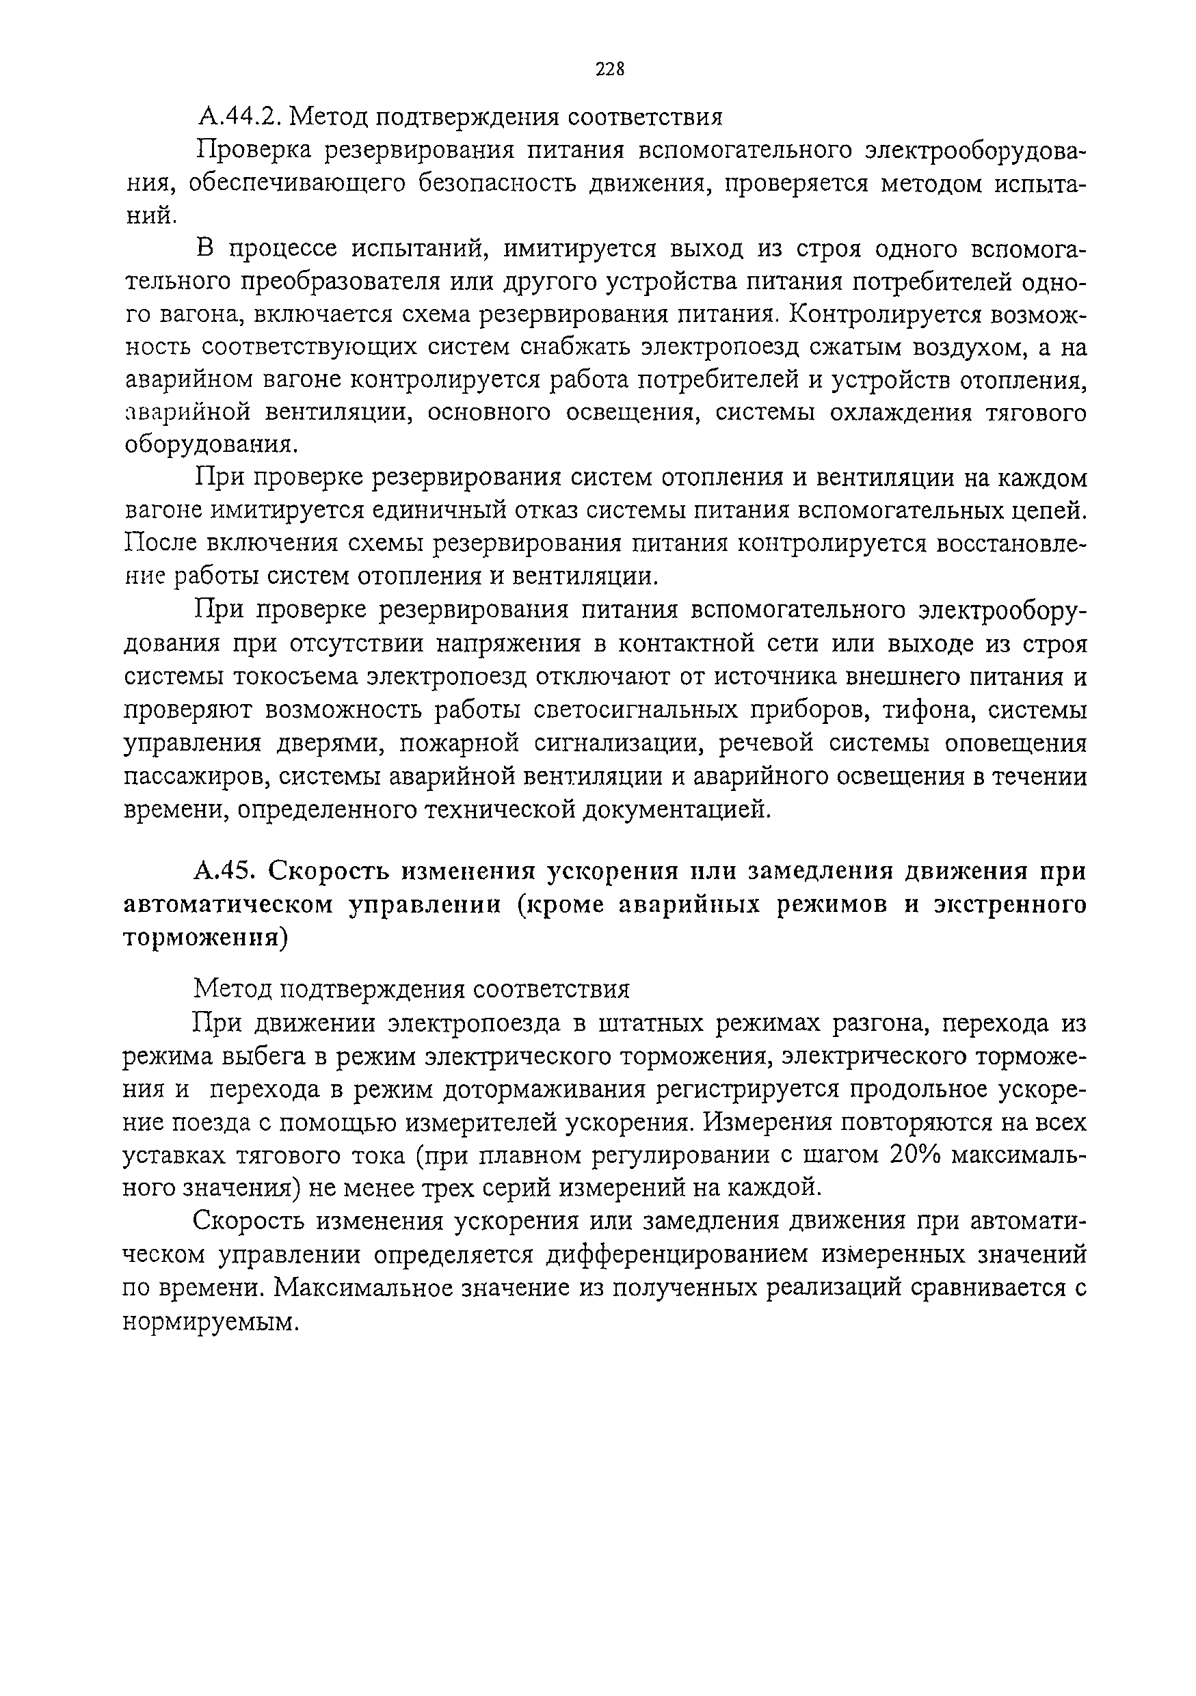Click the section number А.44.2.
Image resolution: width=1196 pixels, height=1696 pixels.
[x=237, y=117]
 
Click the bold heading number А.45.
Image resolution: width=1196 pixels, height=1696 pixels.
[x=224, y=872]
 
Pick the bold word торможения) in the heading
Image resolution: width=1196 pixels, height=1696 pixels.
[x=204, y=937]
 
